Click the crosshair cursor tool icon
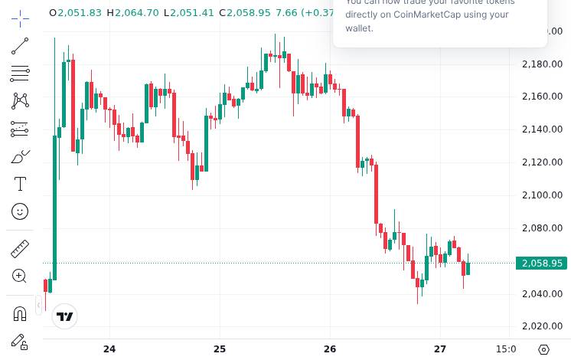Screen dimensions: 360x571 click(20, 18)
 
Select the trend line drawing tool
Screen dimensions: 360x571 click(20, 46)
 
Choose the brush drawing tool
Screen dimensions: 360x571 click(20, 156)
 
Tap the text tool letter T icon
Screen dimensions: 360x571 click(20, 184)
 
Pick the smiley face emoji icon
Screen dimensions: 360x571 click(20, 211)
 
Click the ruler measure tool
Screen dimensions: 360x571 click(20, 248)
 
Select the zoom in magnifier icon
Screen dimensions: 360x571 click(20, 276)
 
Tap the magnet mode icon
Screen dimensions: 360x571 click(20, 313)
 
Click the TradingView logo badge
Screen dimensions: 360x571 click(65, 316)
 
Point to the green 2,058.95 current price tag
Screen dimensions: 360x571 click(541, 263)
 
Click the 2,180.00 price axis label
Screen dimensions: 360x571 click(542, 64)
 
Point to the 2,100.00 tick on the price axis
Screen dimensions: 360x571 click(542, 195)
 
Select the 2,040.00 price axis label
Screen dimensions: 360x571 click(542, 294)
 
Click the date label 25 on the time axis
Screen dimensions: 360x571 click(220, 349)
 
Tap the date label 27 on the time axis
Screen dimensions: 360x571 click(439, 349)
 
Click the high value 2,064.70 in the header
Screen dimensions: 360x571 click(137, 12)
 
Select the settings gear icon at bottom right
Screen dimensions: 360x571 click(543, 349)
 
